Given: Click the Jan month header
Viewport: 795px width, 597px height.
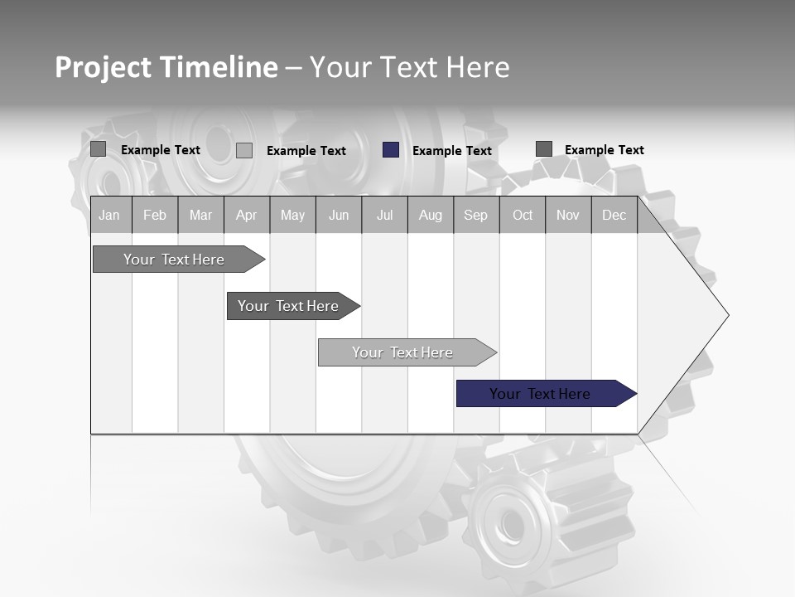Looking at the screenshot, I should pyautogui.click(x=109, y=216).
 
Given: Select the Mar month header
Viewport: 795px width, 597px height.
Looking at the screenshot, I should pyautogui.click(x=200, y=216).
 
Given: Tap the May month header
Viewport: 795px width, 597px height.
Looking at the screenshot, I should pyautogui.click(x=292, y=216).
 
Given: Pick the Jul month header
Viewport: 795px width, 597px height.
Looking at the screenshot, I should pyautogui.click(x=384, y=216).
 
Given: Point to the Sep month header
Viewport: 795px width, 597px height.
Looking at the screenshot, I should pyautogui.click(x=475, y=216).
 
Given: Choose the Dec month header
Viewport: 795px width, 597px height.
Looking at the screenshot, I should pyautogui.click(x=614, y=216).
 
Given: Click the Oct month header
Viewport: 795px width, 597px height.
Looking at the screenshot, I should pyautogui.click(x=523, y=216).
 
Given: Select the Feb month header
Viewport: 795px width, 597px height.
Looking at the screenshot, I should pyautogui.click(x=155, y=216).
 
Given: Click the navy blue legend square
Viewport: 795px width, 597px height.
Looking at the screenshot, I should pyautogui.click(x=391, y=150).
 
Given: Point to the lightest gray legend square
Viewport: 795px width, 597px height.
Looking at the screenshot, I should pyautogui.click(x=244, y=150).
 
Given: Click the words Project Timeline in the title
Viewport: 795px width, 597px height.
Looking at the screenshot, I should pyautogui.click(x=166, y=67).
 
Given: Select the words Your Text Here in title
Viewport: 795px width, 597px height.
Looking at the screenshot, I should pyautogui.click(x=409, y=67).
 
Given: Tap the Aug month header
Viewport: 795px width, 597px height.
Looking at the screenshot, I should pyautogui.click(x=430, y=216).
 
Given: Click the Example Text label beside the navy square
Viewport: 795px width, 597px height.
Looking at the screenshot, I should pyautogui.click(x=452, y=151).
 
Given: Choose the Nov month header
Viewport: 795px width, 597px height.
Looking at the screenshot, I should pyautogui.click(x=568, y=216).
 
